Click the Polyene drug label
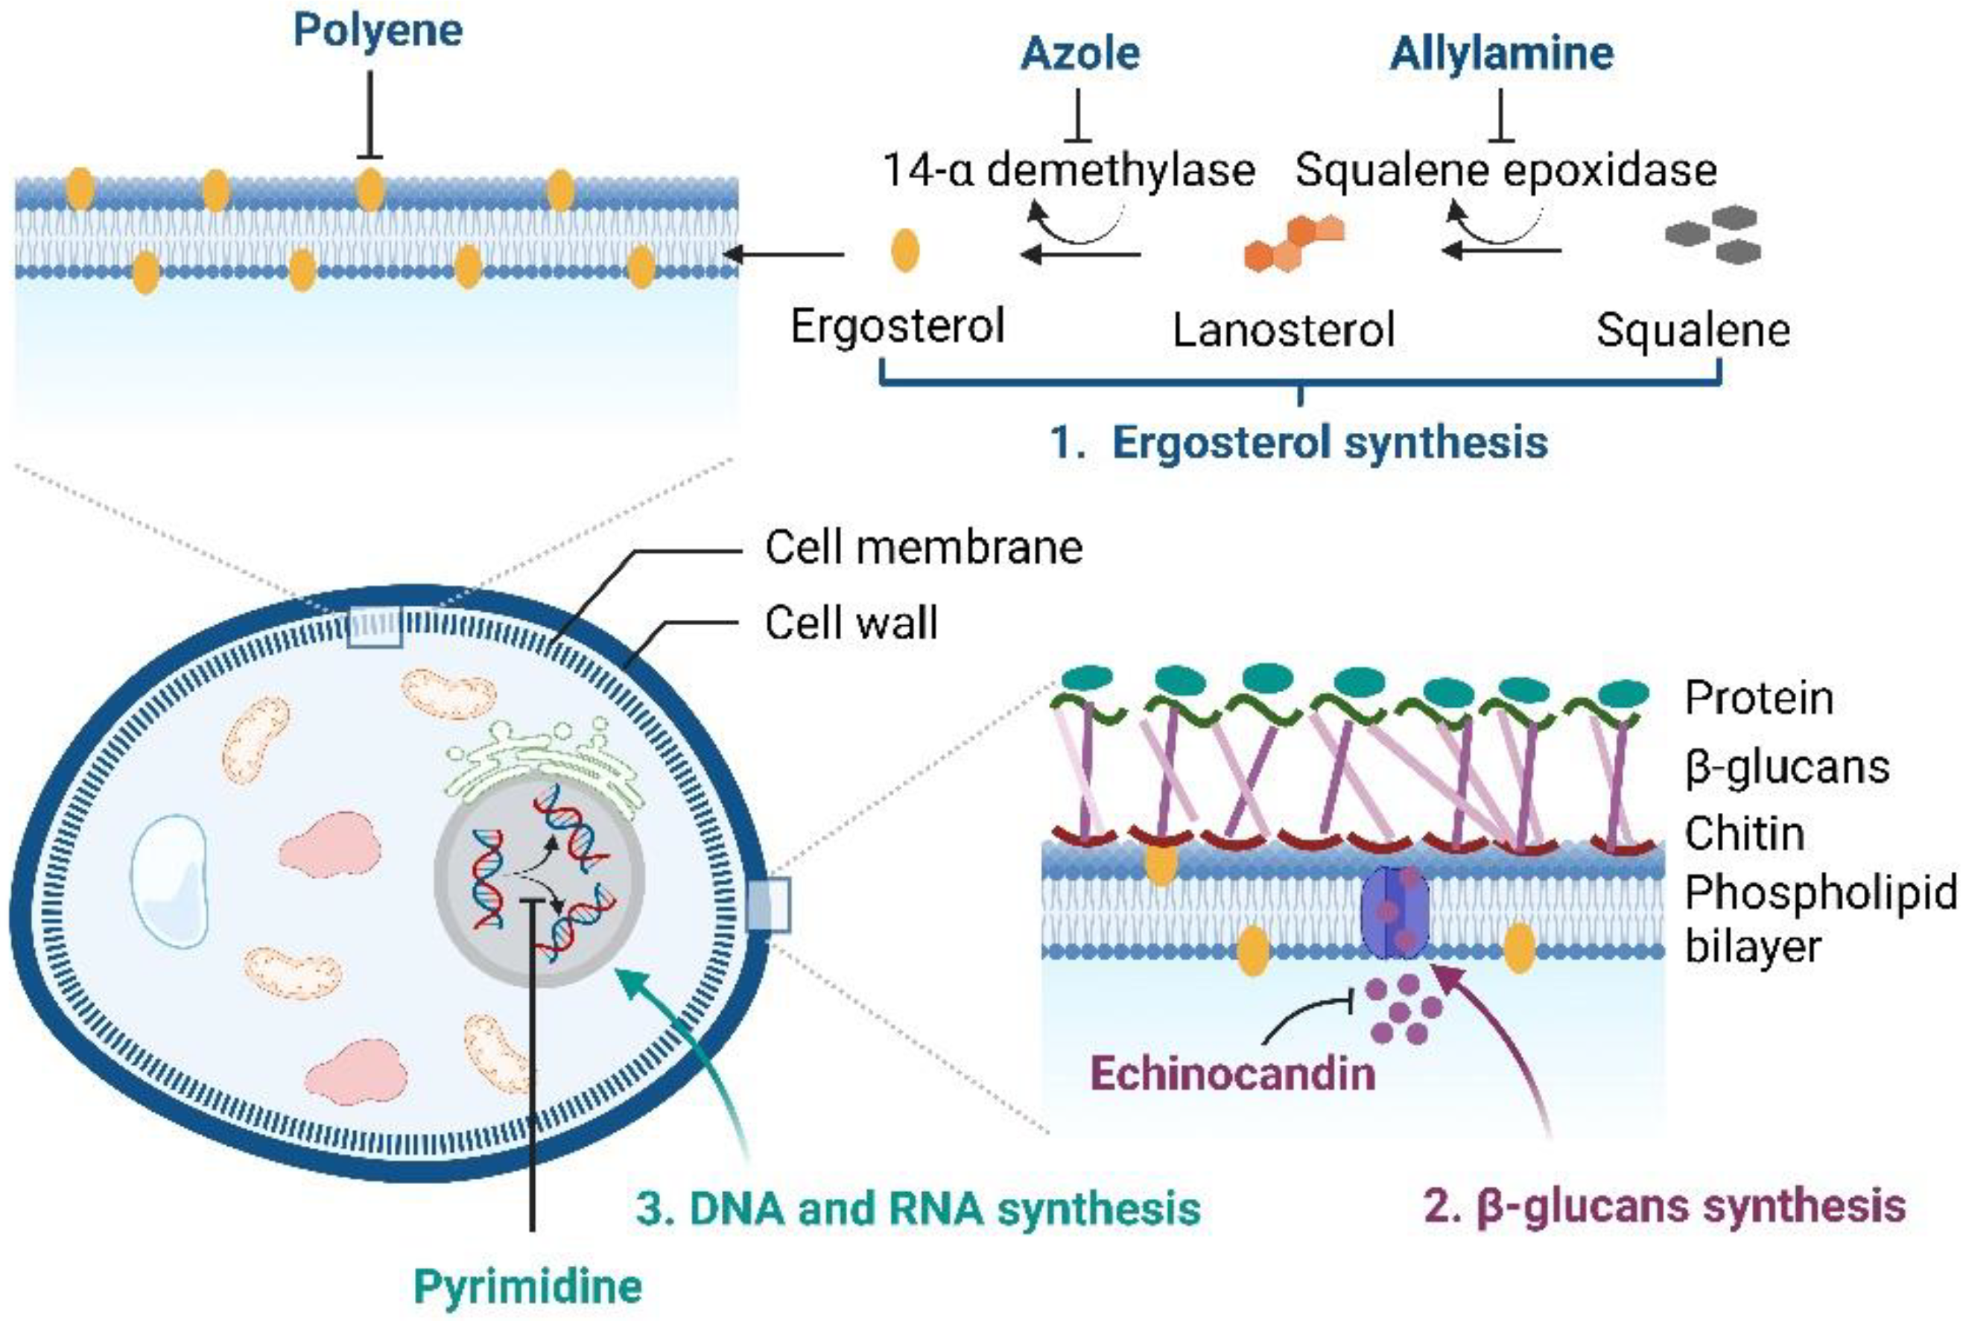378,31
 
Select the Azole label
1080,53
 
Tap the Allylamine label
1502,54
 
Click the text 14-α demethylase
1068,170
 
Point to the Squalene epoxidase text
1506,170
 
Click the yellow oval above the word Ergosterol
904,250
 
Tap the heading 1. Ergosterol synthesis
1299,442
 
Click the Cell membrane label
924,548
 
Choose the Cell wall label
851,624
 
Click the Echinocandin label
1233,1074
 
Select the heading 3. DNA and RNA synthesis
918,1208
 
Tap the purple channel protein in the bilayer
1395,913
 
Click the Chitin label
1744,833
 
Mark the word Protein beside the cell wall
1758,698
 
